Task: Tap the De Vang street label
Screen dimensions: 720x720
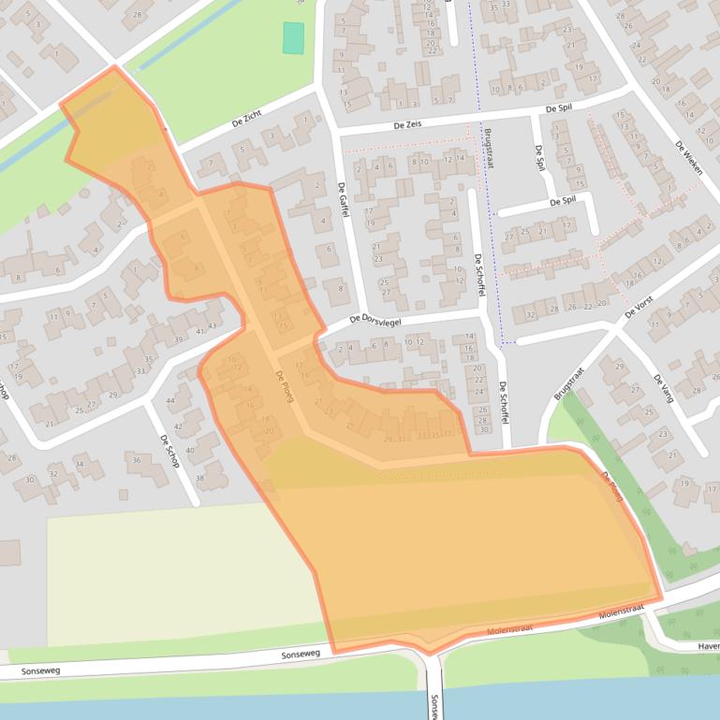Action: tap(663, 387)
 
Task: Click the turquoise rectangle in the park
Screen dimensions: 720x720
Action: tap(294, 37)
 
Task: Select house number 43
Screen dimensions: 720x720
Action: tap(213, 326)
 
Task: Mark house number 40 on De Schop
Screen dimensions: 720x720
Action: tap(190, 451)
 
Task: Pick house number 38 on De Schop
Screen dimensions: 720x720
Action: tap(199, 478)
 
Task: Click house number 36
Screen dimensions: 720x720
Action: tap(137, 459)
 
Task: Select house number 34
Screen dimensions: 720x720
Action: tap(80, 463)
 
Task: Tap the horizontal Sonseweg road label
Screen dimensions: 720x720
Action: tap(301, 655)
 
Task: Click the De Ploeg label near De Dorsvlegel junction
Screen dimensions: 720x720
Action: tap(285, 386)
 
